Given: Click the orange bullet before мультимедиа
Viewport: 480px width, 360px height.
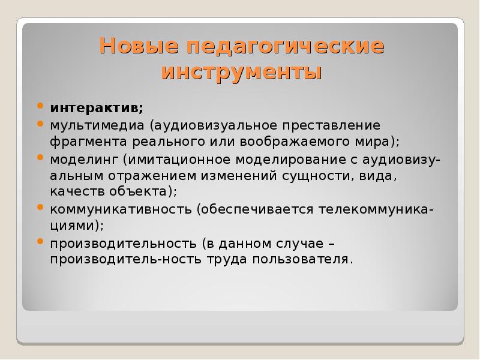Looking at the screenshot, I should pos(40,125).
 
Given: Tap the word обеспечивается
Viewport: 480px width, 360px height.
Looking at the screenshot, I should pos(254,209).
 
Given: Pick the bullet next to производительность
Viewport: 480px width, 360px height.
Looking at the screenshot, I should pos(40,242).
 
